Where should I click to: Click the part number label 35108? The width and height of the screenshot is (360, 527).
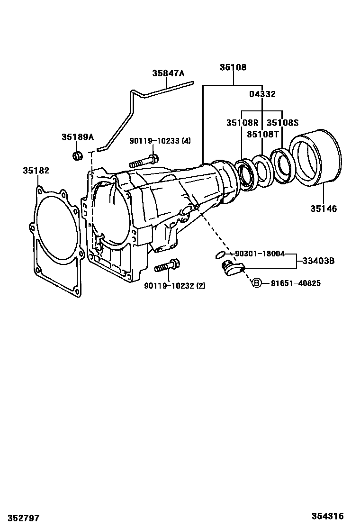click(x=233, y=67)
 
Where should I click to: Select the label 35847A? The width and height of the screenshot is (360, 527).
click(x=168, y=73)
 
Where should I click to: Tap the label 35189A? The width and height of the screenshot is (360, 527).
click(x=78, y=137)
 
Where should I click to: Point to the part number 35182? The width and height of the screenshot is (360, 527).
click(x=36, y=171)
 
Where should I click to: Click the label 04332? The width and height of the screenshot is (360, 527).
click(x=262, y=94)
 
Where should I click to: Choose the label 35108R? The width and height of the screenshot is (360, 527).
click(x=243, y=123)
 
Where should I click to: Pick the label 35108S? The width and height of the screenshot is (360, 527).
click(x=282, y=123)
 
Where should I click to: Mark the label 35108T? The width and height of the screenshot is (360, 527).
click(x=263, y=134)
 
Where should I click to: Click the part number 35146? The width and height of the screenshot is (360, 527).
click(x=324, y=209)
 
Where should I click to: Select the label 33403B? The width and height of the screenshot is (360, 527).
click(x=318, y=261)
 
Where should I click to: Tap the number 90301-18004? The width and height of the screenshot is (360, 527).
click(x=260, y=254)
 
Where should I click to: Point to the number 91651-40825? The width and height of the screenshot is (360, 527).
click(x=296, y=283)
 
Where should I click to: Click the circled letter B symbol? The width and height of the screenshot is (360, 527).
click(x=257, y=283)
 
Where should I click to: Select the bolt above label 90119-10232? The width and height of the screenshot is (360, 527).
click(x=167, y=265)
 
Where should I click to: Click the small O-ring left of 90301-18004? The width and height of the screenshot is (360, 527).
click(x=220, y=255)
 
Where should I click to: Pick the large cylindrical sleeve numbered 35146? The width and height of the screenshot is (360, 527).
click(x=315, y=156)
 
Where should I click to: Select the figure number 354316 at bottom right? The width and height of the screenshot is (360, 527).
click(x=327, y=516)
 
